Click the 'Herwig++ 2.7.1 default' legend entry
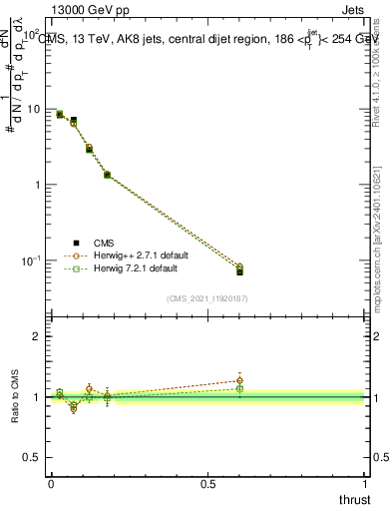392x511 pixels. pos(119,255)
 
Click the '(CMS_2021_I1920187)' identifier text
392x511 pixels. pos(208,297)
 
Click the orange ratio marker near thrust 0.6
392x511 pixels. pos(239,380)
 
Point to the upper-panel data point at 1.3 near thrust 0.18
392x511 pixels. pos(107,175)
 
